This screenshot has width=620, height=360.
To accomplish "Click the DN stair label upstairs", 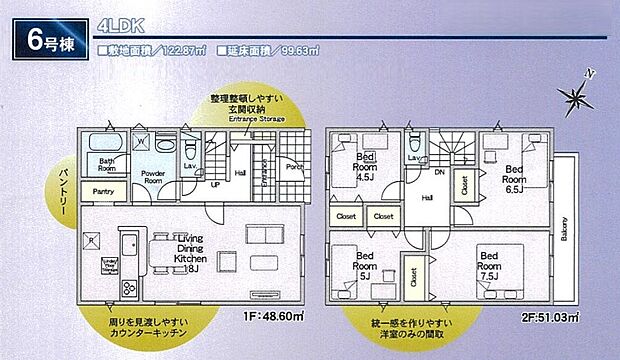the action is click(x=439, y=172).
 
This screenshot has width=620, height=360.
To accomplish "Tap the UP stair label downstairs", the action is click(x=215, y=185).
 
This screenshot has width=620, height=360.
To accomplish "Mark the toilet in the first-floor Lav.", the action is click(x=191, y=146).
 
